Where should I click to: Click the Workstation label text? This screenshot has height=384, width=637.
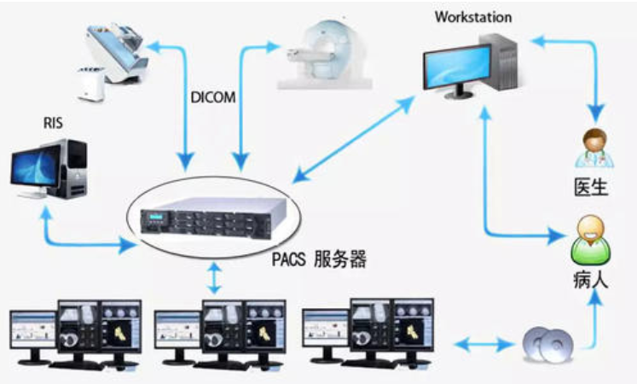(x=472, y=16)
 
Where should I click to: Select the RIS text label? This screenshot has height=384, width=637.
(x=54, y=123)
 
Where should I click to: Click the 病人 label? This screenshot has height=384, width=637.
(x=591, y=278)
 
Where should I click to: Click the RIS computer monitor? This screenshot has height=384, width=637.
(x=38, y=170)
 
